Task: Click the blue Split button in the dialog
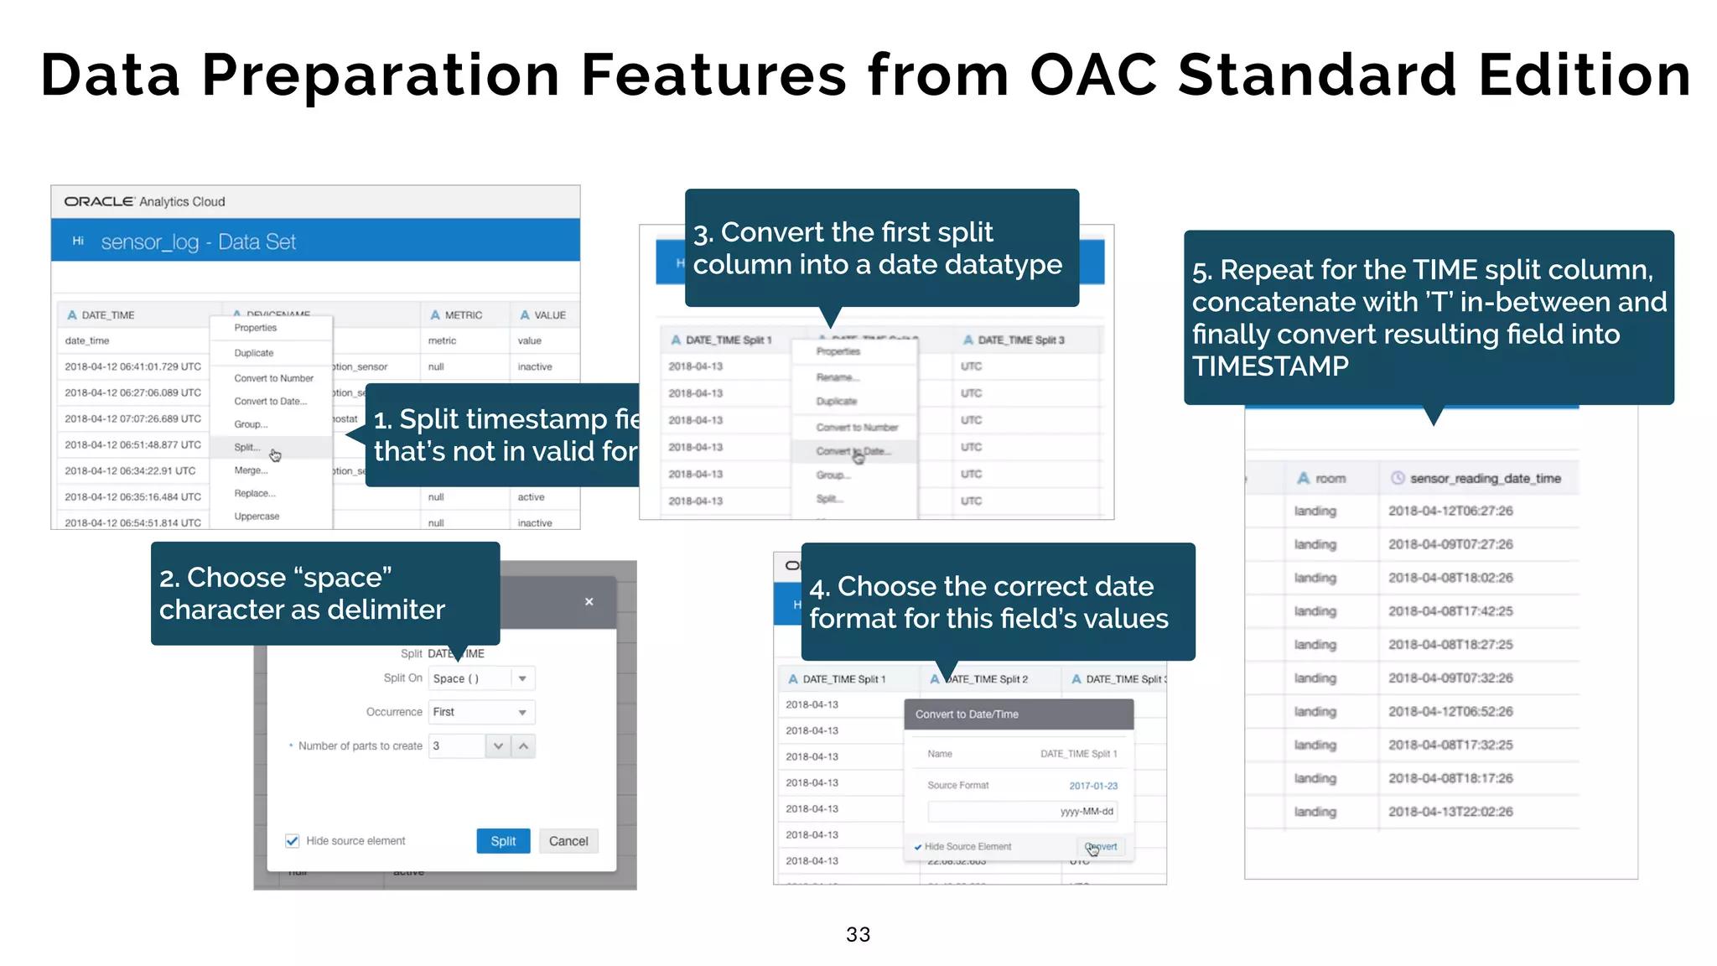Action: click(503, 841)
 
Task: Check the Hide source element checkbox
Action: click(293, 841)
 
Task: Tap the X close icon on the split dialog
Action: click(589, 601)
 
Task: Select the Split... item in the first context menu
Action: click(247, 447)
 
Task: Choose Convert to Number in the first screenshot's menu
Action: click(273, 378)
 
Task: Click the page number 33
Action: click(858, 934)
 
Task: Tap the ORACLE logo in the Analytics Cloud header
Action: click(99, 201)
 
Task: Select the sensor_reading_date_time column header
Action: click(1484, 478)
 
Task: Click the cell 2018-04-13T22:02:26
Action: click(1450, 812)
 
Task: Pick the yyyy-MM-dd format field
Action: click(1023, 811)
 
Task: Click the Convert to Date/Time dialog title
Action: click(967, 714)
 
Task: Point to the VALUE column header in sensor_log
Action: click(549, 315)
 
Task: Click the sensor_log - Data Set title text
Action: click(199, 242)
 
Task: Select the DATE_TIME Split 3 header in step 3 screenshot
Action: click(1020, 340)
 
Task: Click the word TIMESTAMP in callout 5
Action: click(1270, 366)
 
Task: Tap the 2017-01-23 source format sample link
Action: click(1093, 786)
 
